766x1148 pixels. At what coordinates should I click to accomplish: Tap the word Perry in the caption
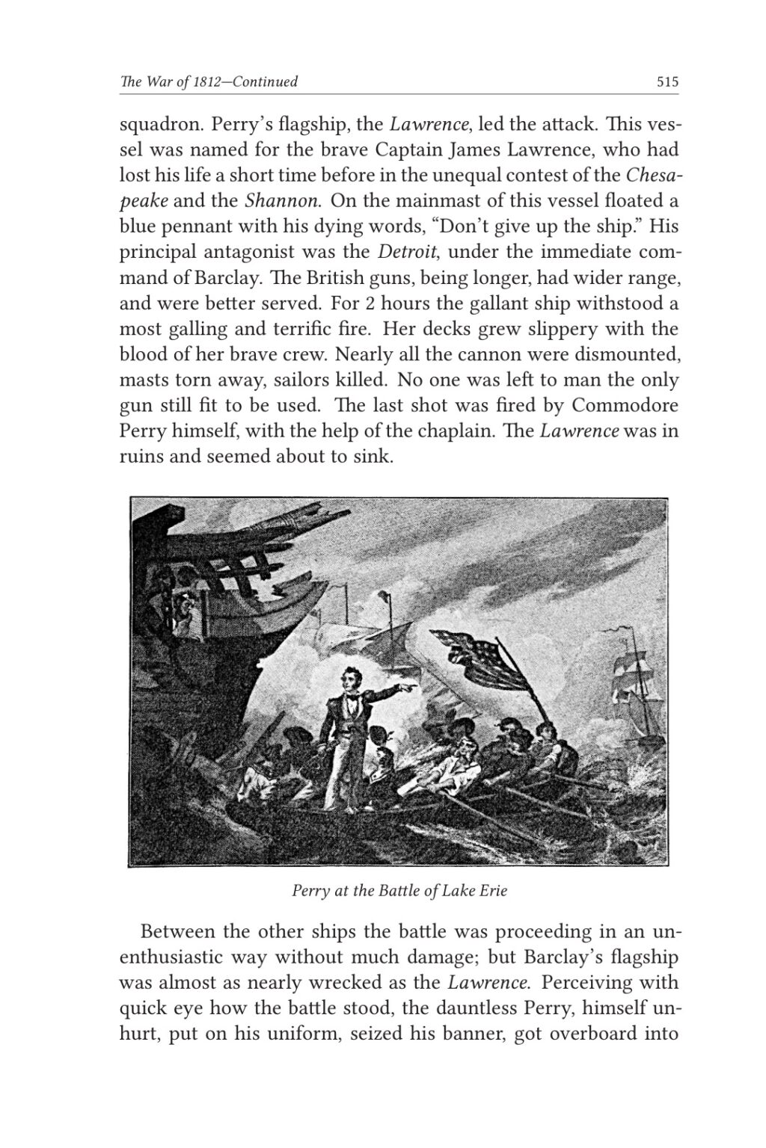point(309,891)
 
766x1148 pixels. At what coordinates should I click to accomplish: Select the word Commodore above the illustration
point(625,406)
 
